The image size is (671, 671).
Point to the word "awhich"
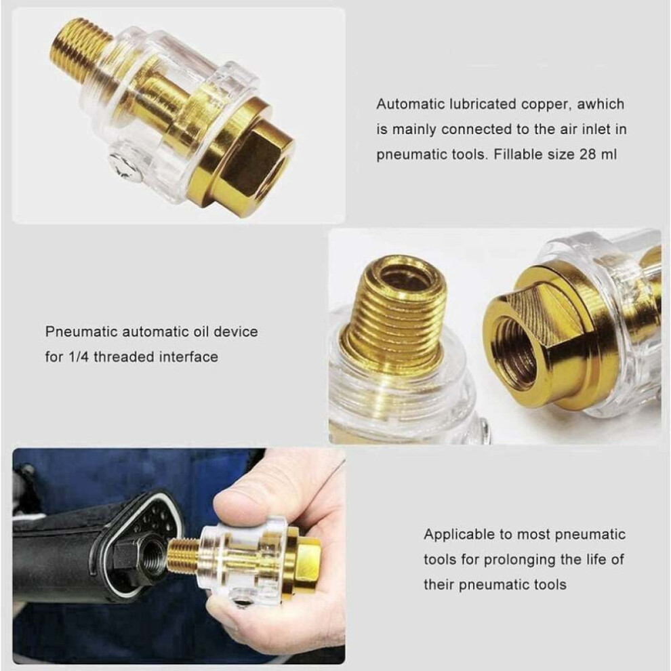click(x=601, y=104)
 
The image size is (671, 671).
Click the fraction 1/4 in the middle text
click(x=79, y=357)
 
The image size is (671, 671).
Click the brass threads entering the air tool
click(x=184, y=556)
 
